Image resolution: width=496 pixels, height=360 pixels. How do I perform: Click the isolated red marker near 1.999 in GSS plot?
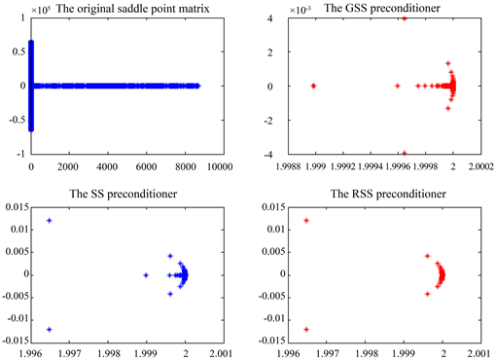(313, 86)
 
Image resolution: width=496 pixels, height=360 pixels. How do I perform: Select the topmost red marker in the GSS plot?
(405, 18)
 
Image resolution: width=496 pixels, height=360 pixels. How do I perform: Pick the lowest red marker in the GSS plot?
(405, 153)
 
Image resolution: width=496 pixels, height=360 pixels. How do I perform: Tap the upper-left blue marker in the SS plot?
(50, 221)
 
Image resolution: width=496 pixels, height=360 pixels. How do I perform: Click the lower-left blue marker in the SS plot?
(50, 330)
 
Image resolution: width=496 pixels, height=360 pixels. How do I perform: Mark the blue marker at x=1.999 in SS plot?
(145, 275)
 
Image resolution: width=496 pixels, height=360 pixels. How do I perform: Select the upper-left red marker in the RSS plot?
(306, 221)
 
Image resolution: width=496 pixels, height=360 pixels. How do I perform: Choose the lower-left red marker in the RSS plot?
(306, 330)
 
